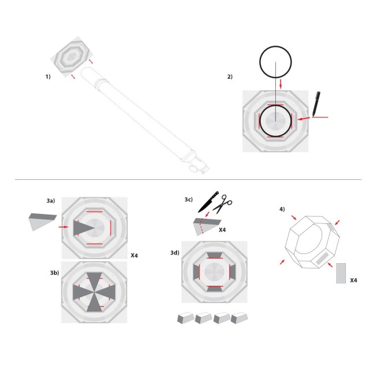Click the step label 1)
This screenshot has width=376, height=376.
[x=49, y=76]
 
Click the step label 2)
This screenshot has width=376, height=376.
[x=230, y=76]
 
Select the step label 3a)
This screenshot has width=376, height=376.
[x=50, y=200]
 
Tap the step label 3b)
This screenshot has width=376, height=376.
[x=54, y=272]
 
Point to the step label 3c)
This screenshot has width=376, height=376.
[x=188, y=200]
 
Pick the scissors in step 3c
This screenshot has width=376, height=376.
[x=222, y=204]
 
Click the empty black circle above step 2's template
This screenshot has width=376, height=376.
[x=277, y=62]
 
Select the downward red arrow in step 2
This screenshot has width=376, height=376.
[x=281, y=84]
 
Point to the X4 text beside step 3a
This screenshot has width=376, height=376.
[x=134, y=255]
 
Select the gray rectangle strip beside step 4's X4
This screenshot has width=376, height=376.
[x=341, y=274]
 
